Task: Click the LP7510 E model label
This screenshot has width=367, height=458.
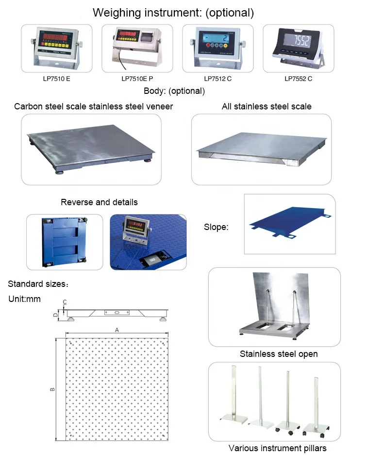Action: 57,78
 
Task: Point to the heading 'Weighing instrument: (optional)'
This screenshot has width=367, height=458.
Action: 173,13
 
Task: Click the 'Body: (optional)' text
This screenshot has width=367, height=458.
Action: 174,91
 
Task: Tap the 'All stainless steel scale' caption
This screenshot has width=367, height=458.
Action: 267,106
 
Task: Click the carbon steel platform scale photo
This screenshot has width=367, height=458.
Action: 91,149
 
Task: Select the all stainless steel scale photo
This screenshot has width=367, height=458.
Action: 261,149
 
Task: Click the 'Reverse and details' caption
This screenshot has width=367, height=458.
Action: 99,202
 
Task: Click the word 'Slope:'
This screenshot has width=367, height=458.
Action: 216,227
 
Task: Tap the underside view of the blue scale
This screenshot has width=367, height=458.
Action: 65,242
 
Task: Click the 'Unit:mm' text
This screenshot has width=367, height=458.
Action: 25,299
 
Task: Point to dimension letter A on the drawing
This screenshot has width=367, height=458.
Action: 117,329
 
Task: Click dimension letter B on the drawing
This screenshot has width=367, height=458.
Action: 52,388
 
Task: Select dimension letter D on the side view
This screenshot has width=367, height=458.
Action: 56,315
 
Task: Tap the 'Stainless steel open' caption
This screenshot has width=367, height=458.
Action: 279,354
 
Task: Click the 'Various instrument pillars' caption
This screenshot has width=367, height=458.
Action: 277,448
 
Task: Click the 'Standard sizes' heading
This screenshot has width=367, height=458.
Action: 38,283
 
